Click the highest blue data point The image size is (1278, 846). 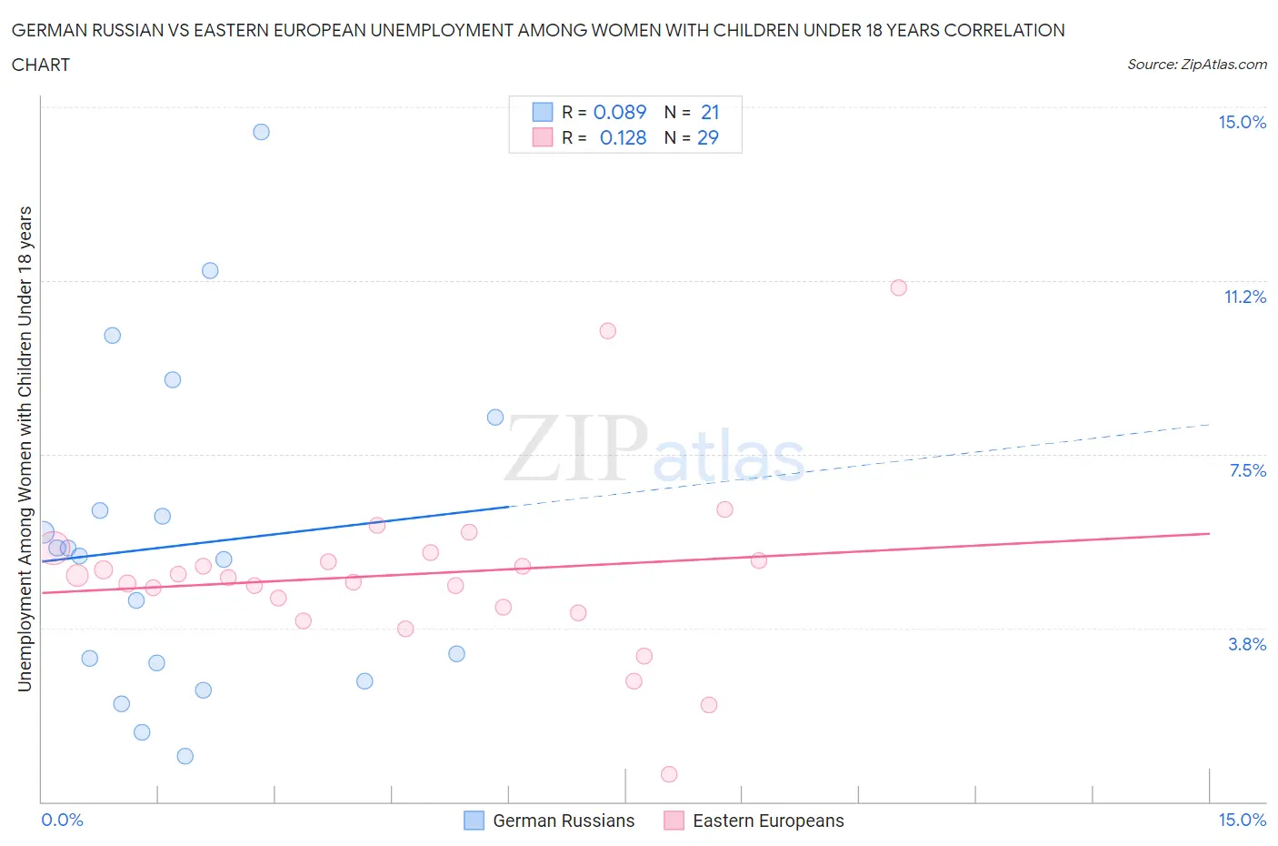(x=261, y=132)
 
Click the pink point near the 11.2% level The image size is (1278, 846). (x=898, y=287)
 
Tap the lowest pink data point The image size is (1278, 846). (x=669, y=774)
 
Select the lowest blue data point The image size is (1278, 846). (x=185, y=756)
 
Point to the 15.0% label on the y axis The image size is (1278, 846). (x=1242, y=123)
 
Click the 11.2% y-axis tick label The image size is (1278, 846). (x=1244, y=297)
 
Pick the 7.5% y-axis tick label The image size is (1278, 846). (x=1247, y=470)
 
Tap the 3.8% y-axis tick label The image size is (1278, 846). (x=1247, y=644)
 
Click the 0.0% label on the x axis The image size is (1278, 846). (x=62, y=821)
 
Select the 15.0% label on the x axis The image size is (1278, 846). (x=1242, y=821)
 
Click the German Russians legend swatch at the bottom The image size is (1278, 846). (x=474, y=821)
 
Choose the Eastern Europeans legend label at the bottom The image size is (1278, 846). (x=768, y=821)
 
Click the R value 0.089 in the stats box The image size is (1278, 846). (x=619, y=112)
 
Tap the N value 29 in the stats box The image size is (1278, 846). (x=707, y=137)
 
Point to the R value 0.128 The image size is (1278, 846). (x=623, y=137)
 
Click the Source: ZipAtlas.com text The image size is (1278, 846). (x=1196, y=64)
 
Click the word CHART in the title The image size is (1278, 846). (x=41, y=65)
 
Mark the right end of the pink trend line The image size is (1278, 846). (x=1209, y=533)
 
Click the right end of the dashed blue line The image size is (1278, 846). (x=1209, y=425)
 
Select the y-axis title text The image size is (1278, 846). (x=25, y=448)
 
